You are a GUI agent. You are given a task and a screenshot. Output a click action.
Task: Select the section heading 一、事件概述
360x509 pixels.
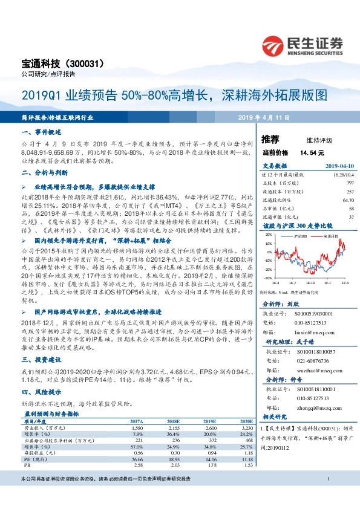42,132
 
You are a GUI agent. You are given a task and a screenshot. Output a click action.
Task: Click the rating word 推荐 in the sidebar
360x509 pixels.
270,139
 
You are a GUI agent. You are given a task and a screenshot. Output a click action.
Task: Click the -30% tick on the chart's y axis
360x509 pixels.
268,279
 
